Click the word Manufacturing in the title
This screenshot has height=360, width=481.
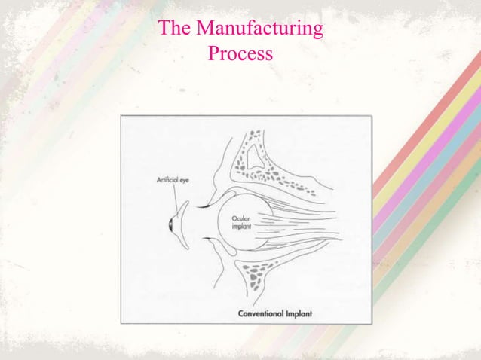[260, 28]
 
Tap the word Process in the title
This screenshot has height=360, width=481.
[240, 53]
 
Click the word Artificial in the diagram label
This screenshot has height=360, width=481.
[167, 179]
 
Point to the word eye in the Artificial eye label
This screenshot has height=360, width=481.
[185, 181]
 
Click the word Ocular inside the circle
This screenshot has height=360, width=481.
[240, 218]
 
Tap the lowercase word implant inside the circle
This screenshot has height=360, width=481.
[242, 227]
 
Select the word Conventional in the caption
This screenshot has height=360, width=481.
[261, 314]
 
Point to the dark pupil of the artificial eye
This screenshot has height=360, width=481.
[171, 225]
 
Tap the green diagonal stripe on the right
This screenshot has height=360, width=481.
[430, 232]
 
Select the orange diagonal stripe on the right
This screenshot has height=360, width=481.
[430, 215]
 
